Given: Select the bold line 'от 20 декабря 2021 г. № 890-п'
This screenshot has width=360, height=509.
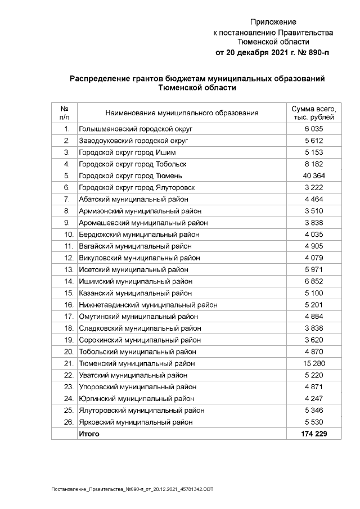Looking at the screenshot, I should point(273,53).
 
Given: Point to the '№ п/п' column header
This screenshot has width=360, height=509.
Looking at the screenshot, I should point(64,112).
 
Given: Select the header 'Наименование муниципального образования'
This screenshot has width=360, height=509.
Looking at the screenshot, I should point(182,113).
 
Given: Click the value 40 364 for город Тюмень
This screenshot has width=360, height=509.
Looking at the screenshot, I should point(314,175).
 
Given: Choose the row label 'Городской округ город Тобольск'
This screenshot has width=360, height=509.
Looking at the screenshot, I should point(132,164).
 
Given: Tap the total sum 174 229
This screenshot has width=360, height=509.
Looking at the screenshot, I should point(314,434).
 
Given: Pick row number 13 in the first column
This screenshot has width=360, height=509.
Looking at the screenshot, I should point(68,269).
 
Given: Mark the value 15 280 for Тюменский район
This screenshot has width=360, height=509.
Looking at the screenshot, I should point(314,363).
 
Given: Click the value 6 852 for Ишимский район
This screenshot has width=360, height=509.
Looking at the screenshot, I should point(314,281).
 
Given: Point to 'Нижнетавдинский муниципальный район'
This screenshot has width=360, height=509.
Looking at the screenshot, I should point(148,305).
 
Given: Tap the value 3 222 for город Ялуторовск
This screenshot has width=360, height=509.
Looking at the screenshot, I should point(314,187).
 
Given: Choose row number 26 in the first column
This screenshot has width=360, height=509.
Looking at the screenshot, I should point(68,422).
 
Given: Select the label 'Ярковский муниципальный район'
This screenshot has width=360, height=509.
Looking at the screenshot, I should point(136,422).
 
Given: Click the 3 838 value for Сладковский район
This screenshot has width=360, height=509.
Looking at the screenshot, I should point(314,328).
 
